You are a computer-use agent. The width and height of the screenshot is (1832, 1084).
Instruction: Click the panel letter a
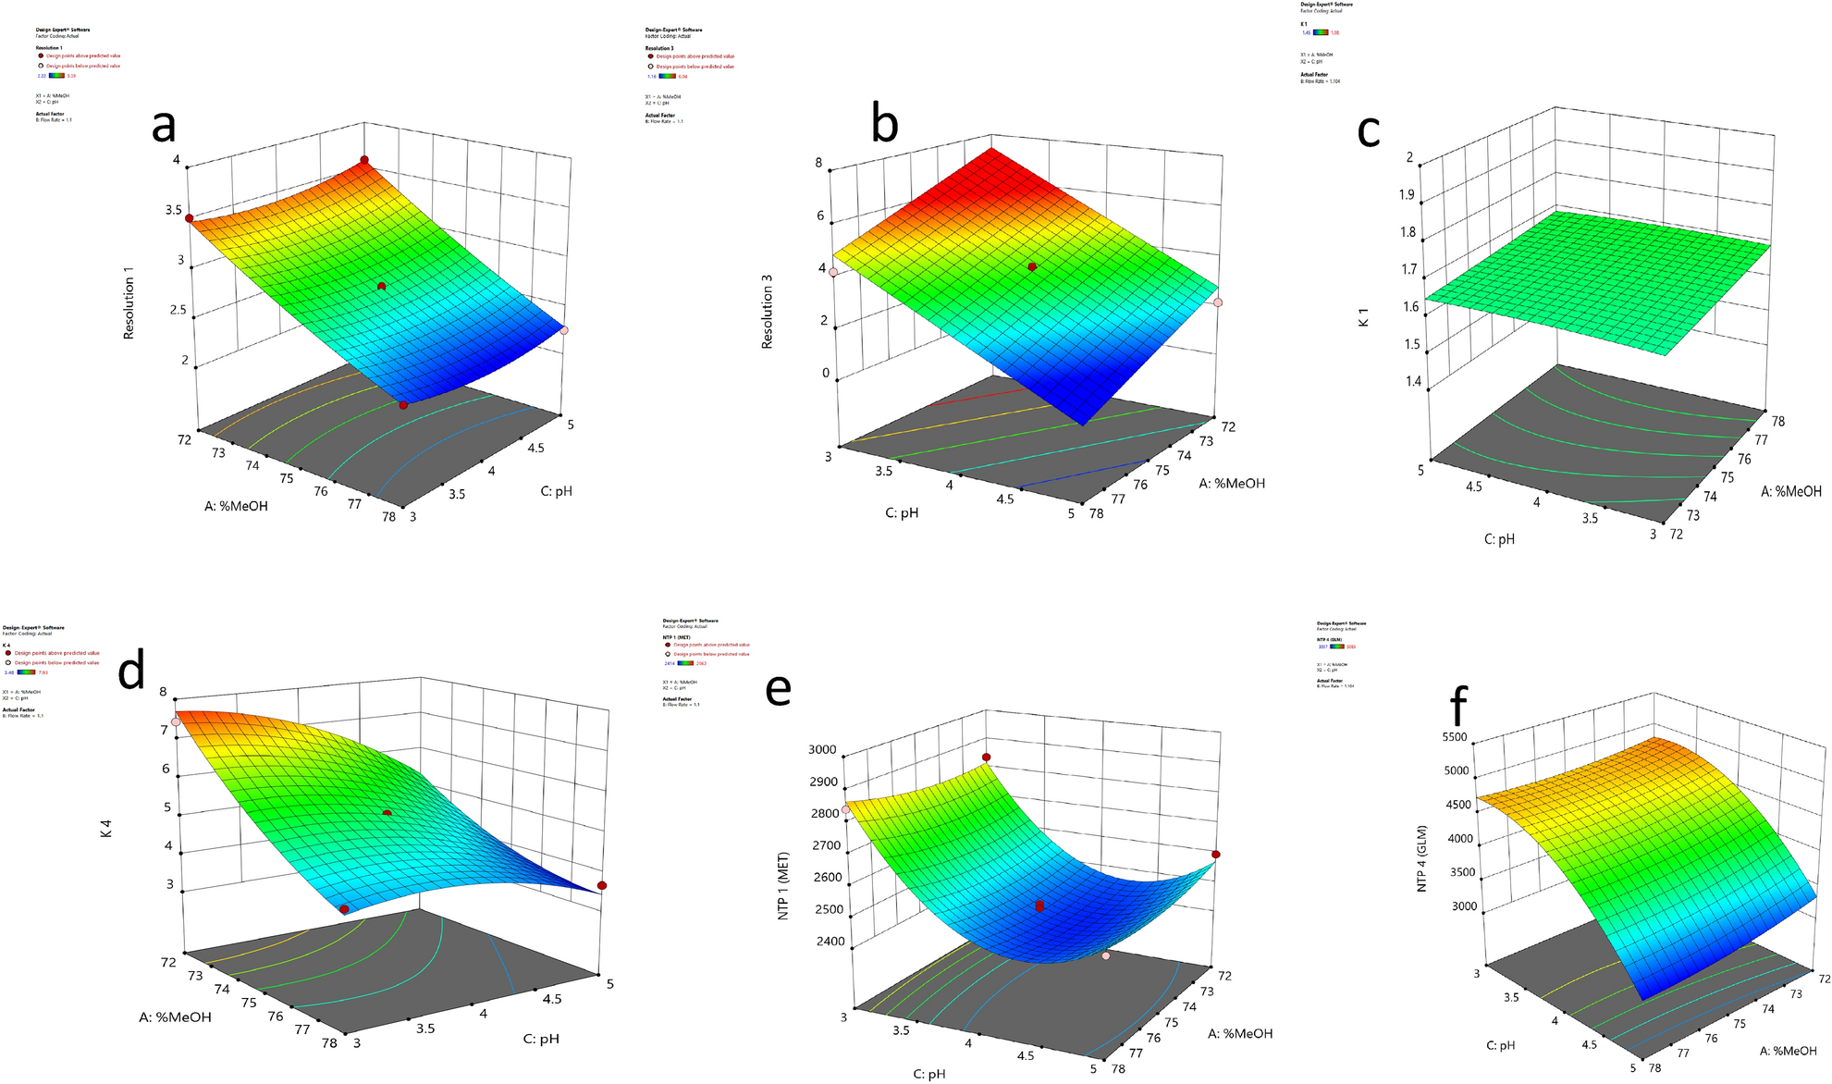(x=164, y=126)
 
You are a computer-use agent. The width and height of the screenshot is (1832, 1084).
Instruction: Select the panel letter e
(x=778, y=688)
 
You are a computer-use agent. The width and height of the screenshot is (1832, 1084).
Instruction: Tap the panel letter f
(x=1458, y=707)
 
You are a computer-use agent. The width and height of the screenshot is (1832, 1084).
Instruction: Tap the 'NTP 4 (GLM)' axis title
(x=1422, y=859)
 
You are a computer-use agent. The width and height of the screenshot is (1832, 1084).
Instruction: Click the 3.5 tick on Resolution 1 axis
(x=173, y=211)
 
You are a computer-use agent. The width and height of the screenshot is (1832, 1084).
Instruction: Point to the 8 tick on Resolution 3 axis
(x=818, y=164)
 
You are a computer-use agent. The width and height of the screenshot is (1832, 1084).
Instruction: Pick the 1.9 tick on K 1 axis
(x=1406, y=194)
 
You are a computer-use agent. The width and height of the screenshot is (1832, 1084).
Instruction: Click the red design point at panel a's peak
(x=364, y=160)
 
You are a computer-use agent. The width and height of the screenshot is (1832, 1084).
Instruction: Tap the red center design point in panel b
(x=1032, y=266)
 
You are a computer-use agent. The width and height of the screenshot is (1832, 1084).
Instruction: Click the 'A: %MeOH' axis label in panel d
(x=175, y=1016)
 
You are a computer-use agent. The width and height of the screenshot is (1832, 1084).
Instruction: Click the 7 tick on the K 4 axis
(x=165, y=731)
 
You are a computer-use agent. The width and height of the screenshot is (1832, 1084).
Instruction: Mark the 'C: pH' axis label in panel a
(x=557, y=491)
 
